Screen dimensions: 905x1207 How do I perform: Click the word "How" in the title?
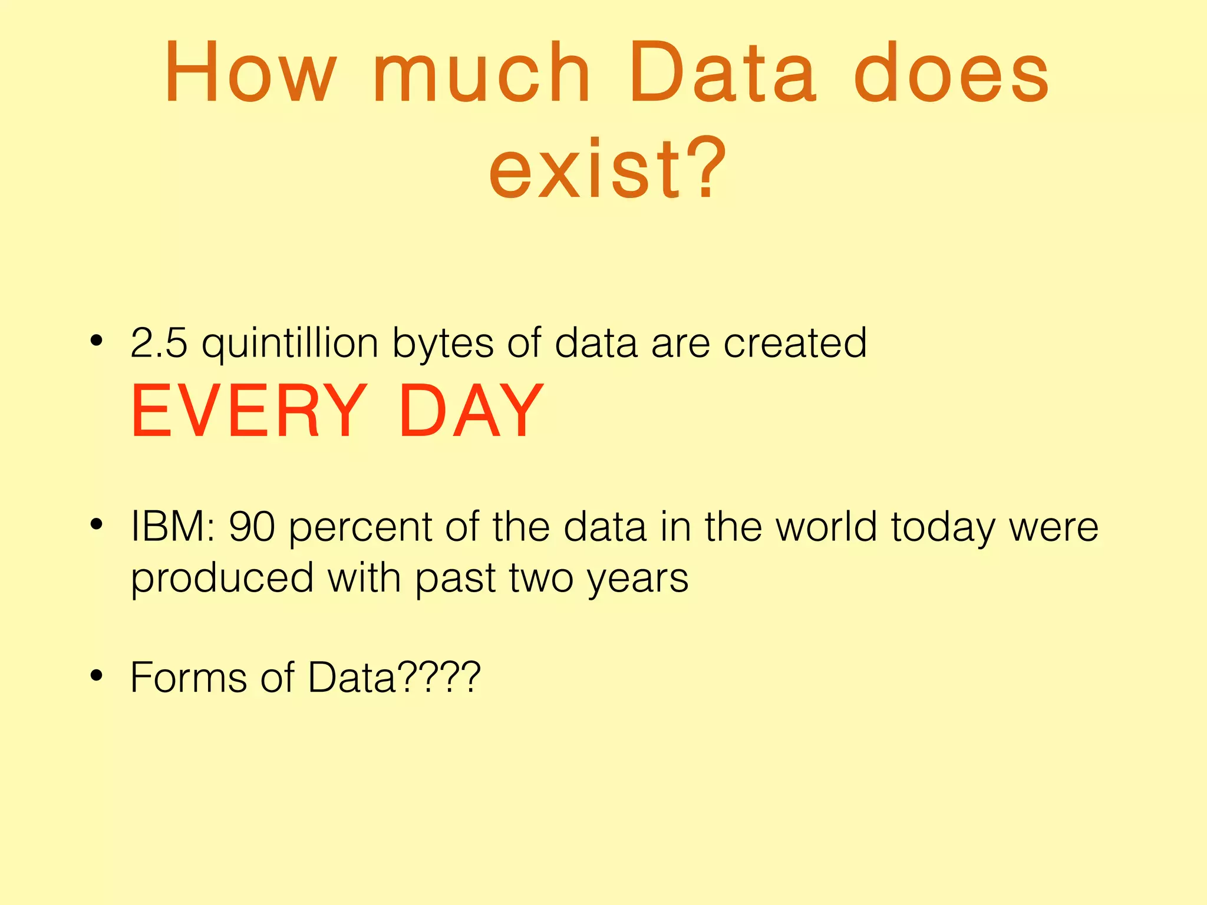250,74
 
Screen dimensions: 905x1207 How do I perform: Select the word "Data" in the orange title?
723,74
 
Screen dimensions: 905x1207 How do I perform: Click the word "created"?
795,343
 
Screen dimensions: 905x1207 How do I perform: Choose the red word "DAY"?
471,411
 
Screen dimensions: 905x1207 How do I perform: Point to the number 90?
252,526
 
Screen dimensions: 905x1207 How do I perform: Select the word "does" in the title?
951,74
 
